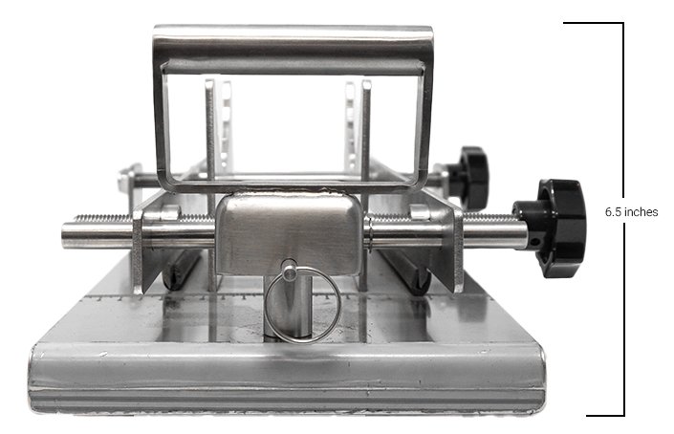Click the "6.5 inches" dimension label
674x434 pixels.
coord(631,212)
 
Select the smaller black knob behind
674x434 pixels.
coord(468,176)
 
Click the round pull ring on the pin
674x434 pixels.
coord(303,305)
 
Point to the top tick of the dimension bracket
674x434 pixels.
coord(593,23)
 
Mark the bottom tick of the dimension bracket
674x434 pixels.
coord(605,415)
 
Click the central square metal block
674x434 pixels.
coord(289,234)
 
